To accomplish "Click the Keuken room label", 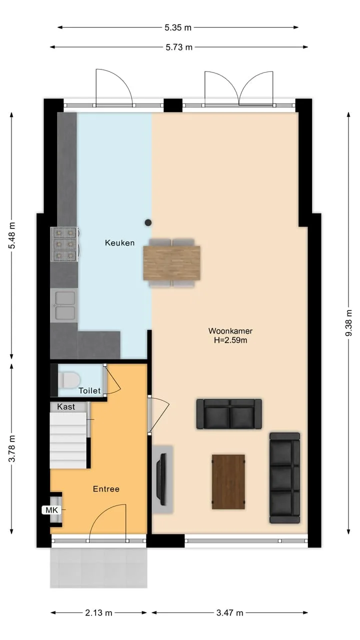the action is click(119, 243).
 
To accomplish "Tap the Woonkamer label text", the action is click(230, 331).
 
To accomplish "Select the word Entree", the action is click(106, 489).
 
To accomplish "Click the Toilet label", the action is click(89, 390).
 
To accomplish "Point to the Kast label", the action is click(66, 406).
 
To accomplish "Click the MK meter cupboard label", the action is click(51, 509).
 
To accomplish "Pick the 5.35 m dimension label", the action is click(177, 27).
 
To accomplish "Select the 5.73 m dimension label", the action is click(179, 47).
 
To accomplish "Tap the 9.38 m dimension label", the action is click(348, 323).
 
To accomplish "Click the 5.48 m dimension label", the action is click(11, 235).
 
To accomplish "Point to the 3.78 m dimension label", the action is click(11, 448).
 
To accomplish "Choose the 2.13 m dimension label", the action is click(98, 613).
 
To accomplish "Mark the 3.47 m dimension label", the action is click(229, 613).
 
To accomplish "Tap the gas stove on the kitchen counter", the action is click(64, 244).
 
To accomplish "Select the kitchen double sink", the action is click(64, 305).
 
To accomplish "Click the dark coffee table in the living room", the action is click(228, 482).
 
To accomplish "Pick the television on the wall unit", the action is click(162, 479).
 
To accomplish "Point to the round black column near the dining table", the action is click(148, 222).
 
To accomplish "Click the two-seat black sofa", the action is click(229, 414).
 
